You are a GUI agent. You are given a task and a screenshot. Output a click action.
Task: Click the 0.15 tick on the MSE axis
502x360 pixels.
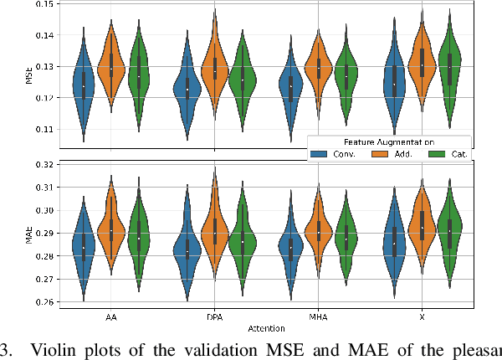coord(41,5)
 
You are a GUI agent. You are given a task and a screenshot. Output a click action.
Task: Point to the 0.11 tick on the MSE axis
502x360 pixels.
coord(41,130)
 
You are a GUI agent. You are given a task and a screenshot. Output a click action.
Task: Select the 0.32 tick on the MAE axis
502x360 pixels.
coord(41,164)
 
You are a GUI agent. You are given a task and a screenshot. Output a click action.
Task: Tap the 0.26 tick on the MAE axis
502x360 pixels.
coord(41,301)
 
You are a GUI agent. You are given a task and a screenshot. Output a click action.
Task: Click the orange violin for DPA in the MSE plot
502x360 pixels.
coord(215,71)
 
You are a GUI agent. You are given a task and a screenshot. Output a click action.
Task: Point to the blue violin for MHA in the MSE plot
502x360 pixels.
coord(290,86)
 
